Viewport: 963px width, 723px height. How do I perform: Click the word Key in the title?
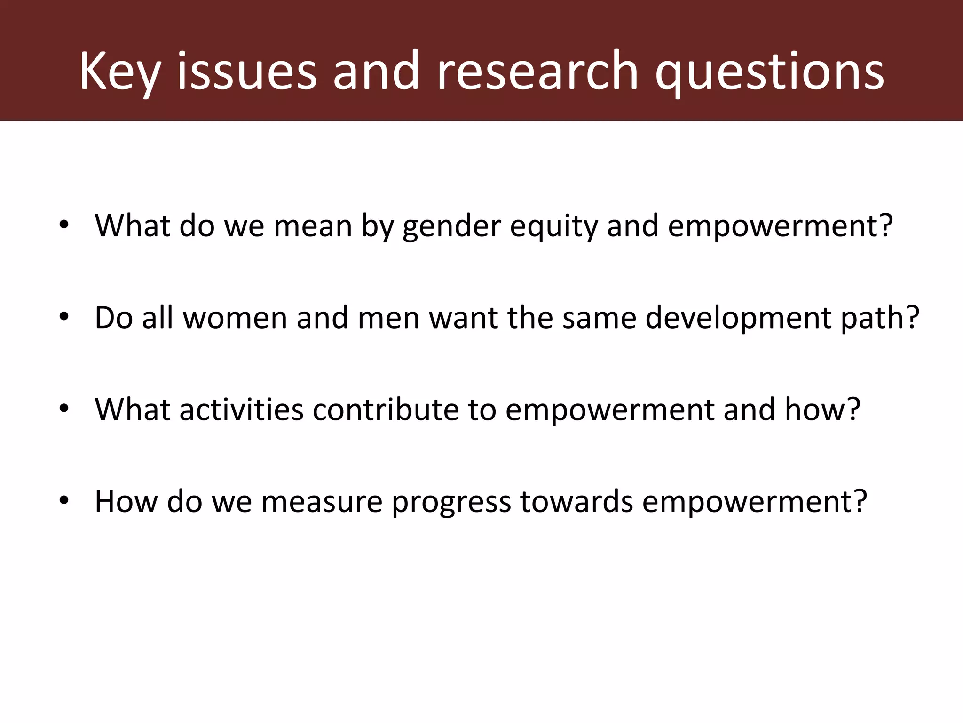click(120, 72)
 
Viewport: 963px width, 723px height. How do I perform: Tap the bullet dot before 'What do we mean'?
click(64, 225)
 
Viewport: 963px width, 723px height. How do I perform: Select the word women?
click(235, 318)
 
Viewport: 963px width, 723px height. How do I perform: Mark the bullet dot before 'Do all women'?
click(64, 317)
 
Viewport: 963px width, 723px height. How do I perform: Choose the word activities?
click(242, 410)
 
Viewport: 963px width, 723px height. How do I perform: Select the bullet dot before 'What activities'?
click(64, 409)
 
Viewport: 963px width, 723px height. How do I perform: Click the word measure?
click(322, 502)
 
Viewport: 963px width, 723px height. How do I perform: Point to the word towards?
click(576, 502)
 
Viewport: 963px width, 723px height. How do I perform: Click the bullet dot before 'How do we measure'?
click(64, 501)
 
